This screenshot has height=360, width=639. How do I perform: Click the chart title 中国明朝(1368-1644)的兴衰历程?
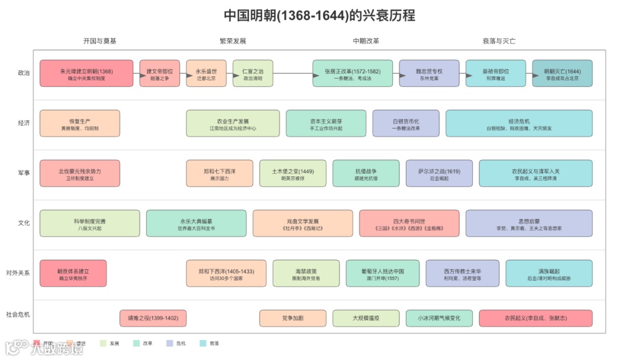pos(319,15)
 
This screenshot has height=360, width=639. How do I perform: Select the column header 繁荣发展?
pos(233,41)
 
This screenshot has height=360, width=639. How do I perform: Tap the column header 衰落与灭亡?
pos(499,41)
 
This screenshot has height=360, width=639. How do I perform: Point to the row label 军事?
pos(24,173)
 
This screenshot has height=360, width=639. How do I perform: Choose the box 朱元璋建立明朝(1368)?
pos(86,73)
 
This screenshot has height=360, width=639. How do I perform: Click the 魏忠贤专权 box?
pos(429,73)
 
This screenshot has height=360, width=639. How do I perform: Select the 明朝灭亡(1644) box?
pos(562,73)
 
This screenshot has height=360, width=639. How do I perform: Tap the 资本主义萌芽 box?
pos(326,123)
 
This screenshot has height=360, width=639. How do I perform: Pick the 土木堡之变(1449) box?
pos(292,173)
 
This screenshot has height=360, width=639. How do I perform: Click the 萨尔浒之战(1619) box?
pos(439,173)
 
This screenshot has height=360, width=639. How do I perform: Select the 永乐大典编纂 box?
pos(196,223)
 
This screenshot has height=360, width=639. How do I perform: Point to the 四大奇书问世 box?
pos(409,223)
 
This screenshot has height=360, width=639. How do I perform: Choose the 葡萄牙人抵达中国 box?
pos(382,273)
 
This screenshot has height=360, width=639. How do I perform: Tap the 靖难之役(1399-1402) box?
pos(153,319)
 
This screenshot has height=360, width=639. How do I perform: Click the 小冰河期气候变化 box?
pos(439,319)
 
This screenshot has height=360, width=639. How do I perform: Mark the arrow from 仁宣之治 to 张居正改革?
pos(293,73)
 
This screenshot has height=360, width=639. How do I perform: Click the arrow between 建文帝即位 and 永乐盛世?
pos(183,73)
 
